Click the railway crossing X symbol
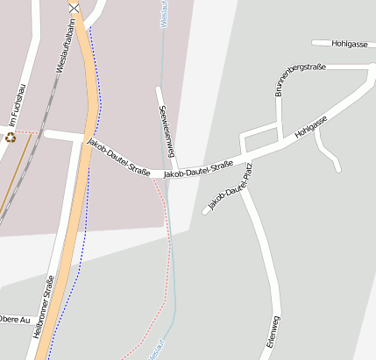[x=74, y=8]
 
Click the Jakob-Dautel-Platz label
[x=229, y=187]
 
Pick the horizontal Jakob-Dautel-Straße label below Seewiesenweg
[x=198, y=169]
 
